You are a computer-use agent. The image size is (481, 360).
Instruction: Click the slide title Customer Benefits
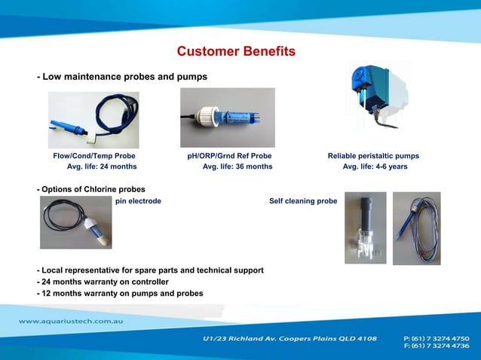236,52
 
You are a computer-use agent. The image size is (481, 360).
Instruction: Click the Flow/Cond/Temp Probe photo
93,120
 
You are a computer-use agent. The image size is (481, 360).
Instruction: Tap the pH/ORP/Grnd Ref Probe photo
227,117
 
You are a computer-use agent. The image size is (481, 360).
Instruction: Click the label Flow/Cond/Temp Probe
94,156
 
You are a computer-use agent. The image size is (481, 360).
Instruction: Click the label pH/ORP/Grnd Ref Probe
229,156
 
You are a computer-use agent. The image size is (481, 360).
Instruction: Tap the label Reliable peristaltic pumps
373,156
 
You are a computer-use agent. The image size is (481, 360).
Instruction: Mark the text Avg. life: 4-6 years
375,166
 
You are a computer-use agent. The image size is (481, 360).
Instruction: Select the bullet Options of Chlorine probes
91,189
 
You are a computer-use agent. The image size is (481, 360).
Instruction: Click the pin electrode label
138,201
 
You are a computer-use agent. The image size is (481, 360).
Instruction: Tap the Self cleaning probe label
303,201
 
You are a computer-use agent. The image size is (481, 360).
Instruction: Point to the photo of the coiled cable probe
416,228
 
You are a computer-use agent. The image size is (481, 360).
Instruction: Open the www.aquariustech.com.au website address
71,322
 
